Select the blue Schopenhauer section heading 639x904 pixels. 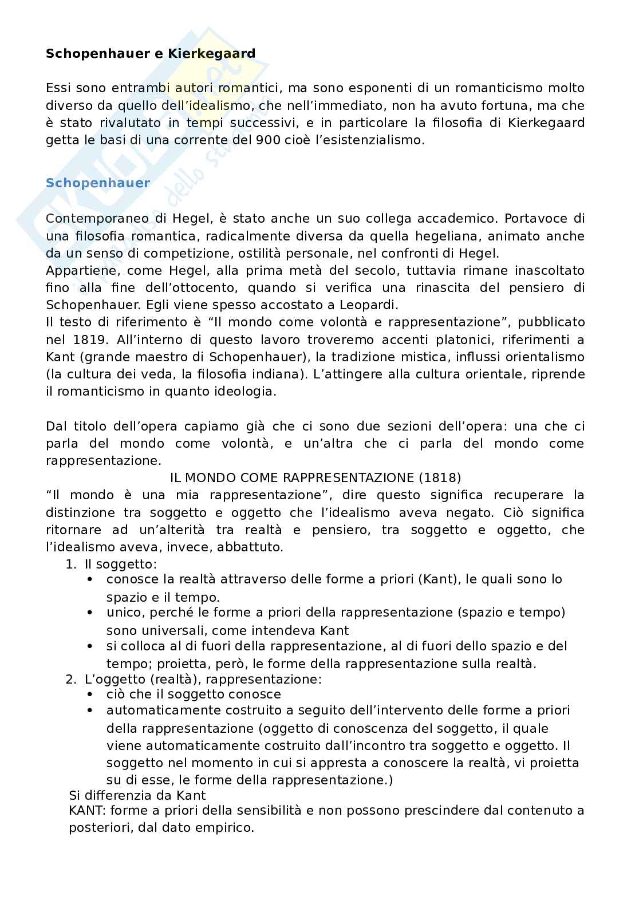click(98, 183)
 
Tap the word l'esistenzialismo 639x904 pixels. click(377, 140)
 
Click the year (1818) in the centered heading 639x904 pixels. click(439, 477)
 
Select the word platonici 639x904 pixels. click(460, 340)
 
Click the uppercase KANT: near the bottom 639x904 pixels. click(87, 811)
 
